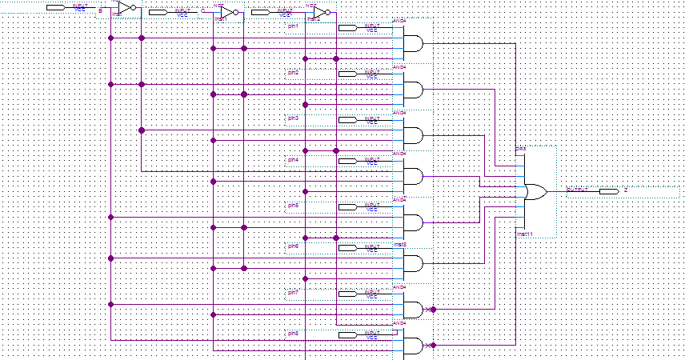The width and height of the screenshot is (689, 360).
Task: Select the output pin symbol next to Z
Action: (x=608, y=191)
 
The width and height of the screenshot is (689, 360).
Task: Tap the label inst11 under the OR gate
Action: (x=525, y=234)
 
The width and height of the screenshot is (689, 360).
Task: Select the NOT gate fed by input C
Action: (x=227, y=13)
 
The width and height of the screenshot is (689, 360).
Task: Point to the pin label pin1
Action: (x=293, y=27)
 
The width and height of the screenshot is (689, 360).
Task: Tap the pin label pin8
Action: (x=293, y=333)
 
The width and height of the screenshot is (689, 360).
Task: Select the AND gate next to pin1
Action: (x=411, y=42)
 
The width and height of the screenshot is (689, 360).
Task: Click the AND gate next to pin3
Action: (x=411, y=134)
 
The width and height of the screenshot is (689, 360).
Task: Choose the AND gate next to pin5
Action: (x=411, y=221)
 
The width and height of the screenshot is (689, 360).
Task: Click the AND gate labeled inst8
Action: (x=411, y=262)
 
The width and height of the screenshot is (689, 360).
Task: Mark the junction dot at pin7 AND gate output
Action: (x=433, y=309)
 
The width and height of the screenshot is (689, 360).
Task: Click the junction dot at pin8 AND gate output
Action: (x=433, y=346)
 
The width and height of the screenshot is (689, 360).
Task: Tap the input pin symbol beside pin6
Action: (x=348, y=248)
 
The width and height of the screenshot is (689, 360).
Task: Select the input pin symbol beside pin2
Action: (x=348, y=74)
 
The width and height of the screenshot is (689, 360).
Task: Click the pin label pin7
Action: (x=293, y=293)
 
